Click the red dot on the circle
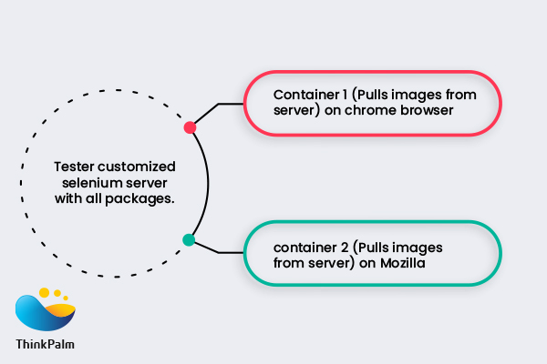pos(190,127)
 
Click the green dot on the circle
pos(189,240)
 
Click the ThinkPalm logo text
pos(46,345)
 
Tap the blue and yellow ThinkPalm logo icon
pos(46,310)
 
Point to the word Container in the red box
pos(304,94)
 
